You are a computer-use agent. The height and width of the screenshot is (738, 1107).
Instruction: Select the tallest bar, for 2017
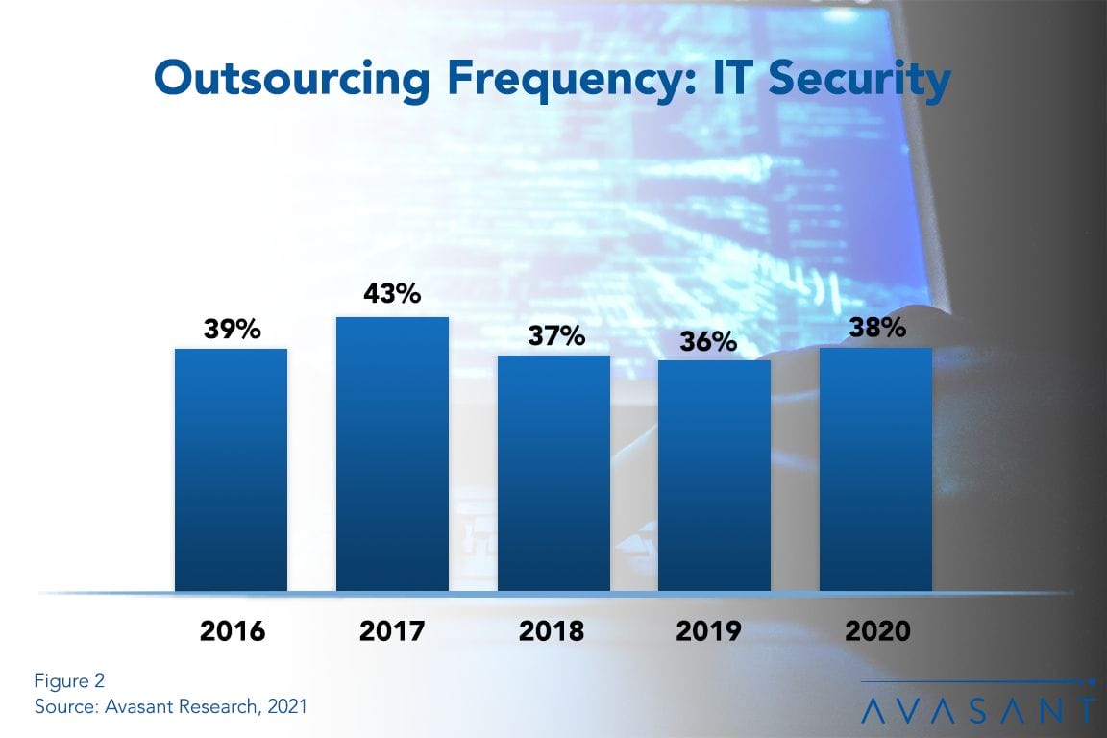pyautogui.click(x=392, y=454)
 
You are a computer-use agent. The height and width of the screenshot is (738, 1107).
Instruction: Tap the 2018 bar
pyautogui.click(x=553, y=473)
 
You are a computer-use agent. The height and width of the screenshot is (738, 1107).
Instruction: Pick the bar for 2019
pyautogui.click(x=714, y=476)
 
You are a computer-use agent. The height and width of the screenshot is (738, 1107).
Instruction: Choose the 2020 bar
pyautogui.click(x=875, y=469)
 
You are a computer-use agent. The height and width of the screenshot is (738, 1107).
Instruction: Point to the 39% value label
pyautogui.click(x=232, y=329)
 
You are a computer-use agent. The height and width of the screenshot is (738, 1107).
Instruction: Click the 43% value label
pyautogui.click(x=392, y=294)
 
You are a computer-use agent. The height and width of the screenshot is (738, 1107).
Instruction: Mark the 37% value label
pyautogui.click(x=554, y=335)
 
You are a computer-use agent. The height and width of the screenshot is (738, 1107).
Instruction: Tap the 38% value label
pyautogui.click(x=877, y=328)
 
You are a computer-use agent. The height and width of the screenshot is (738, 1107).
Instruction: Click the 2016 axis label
pyautogui.click(x=232, y=631)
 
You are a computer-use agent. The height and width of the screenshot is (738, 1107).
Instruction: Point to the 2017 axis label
pyautogui.click(x=392, y=631)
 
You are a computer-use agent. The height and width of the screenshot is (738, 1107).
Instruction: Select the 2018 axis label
pyautogui.click(x=552, y=631)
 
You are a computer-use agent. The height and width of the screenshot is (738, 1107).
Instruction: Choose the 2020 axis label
pyautogui.click(x=876, y=631)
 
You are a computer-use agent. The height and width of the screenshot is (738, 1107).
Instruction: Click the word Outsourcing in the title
pyautogui.click(x=291, y=80)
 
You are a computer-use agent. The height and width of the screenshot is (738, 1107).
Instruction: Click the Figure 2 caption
pyautogui.click(x=69, y=681)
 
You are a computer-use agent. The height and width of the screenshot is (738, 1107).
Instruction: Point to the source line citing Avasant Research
pyautogui.click(x=170, y=706)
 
